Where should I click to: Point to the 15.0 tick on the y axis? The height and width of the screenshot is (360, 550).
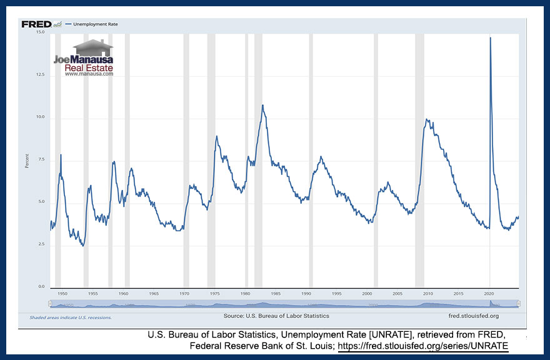pyautogui.click(x=41, y=32)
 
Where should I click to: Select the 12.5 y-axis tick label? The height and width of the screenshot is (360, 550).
pyautogui.click(x=41, y=75)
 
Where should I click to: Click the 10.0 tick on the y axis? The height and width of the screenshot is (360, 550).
pyautogui.click(x=41, y=117)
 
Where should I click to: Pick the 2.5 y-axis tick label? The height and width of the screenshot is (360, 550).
pyautogui.click(x=41, y=244)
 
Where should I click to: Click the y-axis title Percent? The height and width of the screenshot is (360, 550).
pyautogui.click(x=27, y=160)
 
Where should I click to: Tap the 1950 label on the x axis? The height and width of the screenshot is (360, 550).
pyautogui.click(x=62, y=292)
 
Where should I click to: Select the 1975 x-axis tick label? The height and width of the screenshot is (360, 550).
pyautogui.click(x=214, y=292)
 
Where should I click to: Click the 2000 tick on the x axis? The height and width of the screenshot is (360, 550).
pyautogui.click(x=367, y=292)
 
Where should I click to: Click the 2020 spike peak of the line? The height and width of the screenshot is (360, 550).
pyautogui.click(x=490, y=38)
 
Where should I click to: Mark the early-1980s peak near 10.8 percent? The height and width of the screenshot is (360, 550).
pyautogui.click(x=262, y=106)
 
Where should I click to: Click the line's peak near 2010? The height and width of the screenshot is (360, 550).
pyautogui.click(x=427, y=119)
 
